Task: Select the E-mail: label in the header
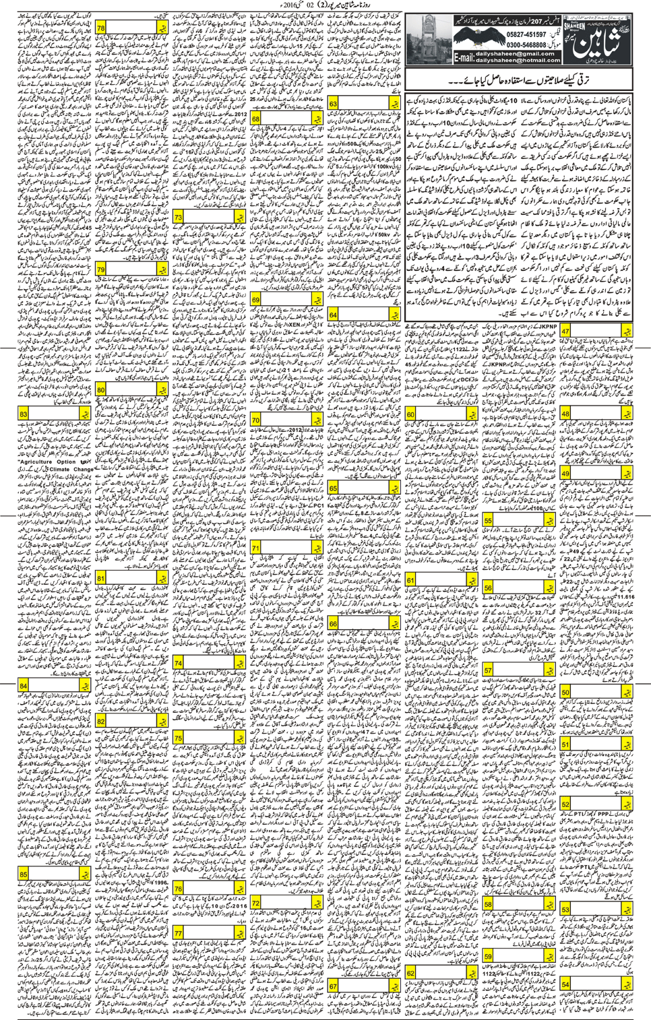point(463,59)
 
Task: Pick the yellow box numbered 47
point(565,331)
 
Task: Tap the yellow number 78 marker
point(101,29)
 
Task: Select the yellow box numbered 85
point(24,874)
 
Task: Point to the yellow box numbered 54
point(565,985)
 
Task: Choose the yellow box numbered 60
point(410,414)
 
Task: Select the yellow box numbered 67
point(334,987)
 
